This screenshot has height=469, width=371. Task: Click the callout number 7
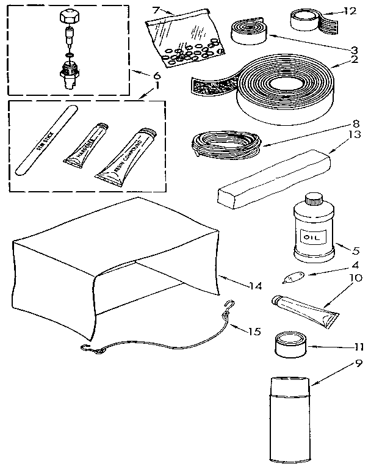coord(156,10)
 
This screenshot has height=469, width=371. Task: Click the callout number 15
coord(254,332)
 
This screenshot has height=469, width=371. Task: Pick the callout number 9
coord(360,362)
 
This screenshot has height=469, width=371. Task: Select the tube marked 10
coord(303,309)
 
